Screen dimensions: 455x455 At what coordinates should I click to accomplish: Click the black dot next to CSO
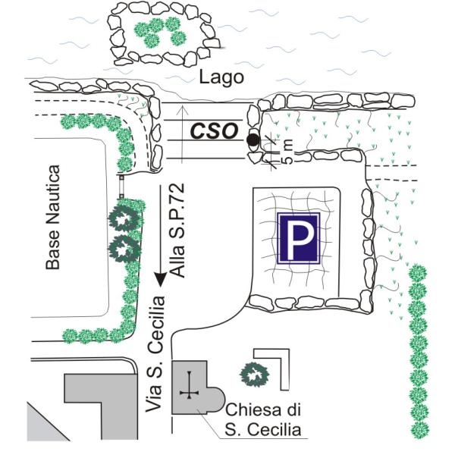click(253, 140)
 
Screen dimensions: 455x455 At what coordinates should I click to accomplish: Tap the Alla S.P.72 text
click(178, 234)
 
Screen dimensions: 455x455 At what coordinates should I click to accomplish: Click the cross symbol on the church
click(188, 393)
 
